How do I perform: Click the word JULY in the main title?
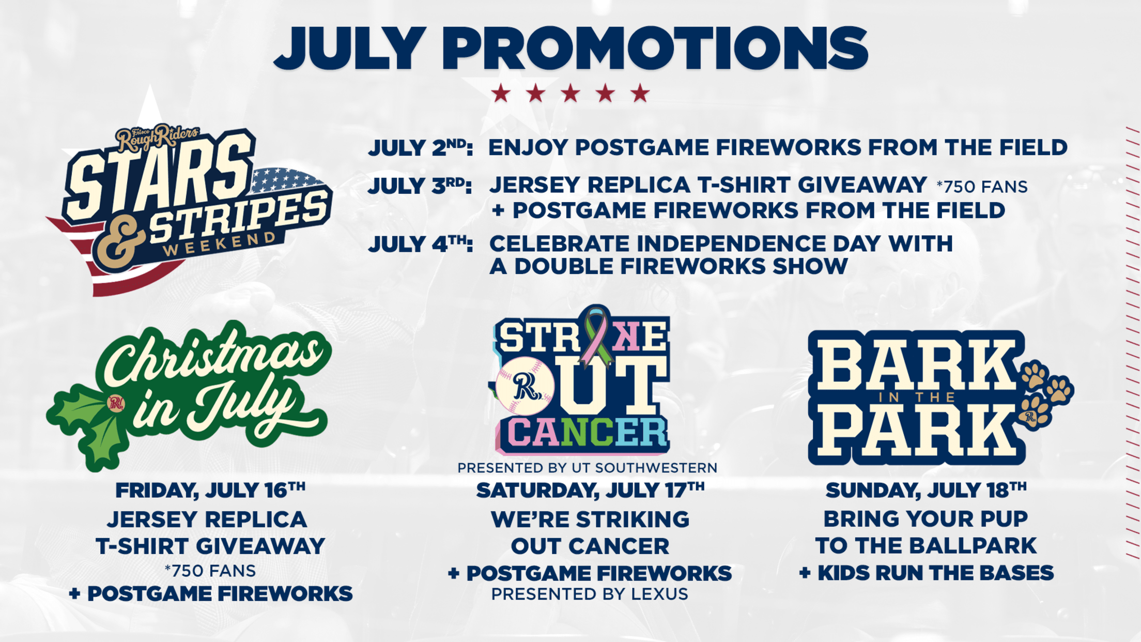350,48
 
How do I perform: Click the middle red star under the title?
570,94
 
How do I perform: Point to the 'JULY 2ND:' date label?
420,148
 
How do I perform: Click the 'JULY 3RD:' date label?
420,186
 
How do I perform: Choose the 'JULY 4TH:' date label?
420,244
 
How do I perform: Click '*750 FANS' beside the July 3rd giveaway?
982,187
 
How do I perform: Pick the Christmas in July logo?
189,395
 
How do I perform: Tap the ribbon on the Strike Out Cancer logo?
597,336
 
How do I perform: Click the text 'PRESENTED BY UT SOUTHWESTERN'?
588,468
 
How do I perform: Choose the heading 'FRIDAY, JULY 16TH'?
210,490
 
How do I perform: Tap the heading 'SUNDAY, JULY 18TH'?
926,490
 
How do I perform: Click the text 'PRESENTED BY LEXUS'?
590,594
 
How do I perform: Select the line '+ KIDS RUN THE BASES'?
926,573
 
